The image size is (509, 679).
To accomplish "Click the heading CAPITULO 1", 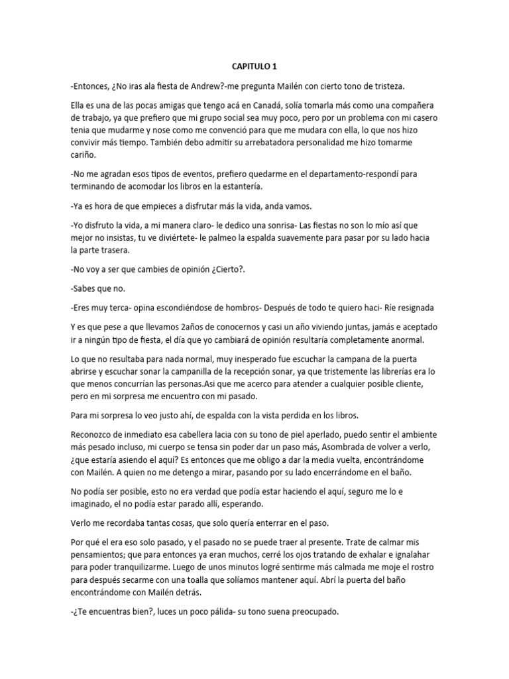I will click(x=254, y=67).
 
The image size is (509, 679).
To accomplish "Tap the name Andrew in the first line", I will click(x=195, y=86).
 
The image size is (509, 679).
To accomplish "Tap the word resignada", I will click(x=412, y=308).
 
